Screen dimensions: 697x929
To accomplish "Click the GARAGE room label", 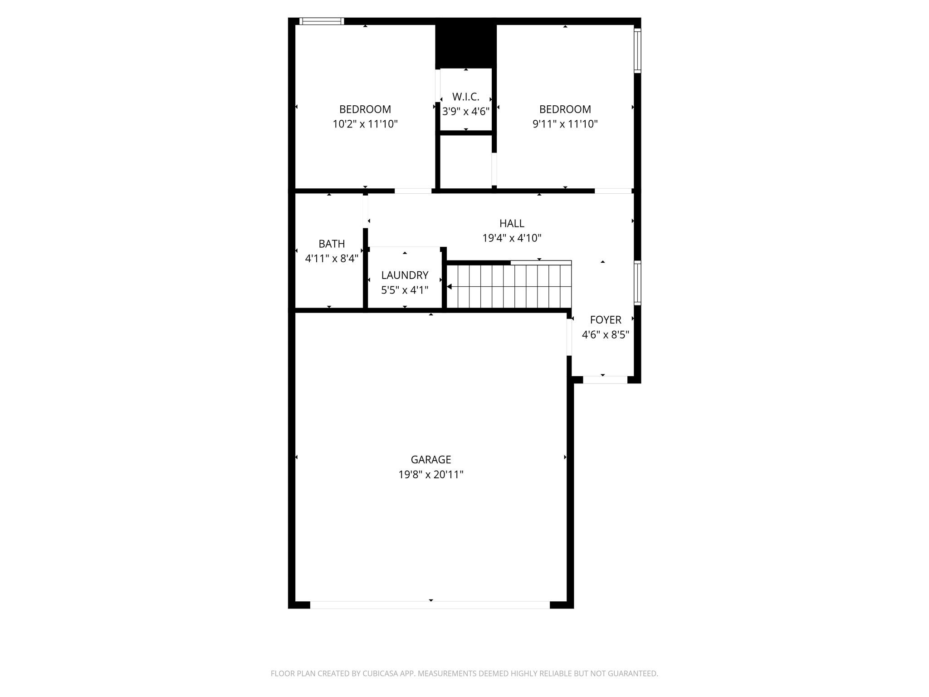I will pyautogui.click(x=430, y=460).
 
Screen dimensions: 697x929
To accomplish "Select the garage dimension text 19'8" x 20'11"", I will pyautogui.click(x=430, y=475).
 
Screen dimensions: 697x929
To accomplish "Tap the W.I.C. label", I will pyautogui.click(x=465, y=97).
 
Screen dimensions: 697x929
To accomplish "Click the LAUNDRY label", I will pyautogui.click(x=405, y=275).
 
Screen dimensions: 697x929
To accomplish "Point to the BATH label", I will pyautogui.click(x=332, y=244).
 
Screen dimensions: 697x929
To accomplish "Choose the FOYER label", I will pyautogui.click(x=605, y=320).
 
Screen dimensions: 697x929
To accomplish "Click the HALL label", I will pyautogui.click(x=512, y=223).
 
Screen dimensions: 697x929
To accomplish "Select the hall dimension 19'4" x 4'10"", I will pyautogui.click(x=512, y=238).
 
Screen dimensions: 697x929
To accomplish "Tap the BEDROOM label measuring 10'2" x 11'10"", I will pyautogui.click(x=365, y=109).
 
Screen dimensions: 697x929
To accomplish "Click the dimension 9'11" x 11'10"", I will pyautogui.click(x=565, y=124).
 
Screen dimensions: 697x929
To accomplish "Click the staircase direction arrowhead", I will pyautogui.click(x=449, y=286).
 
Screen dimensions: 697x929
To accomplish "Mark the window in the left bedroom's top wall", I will pyautogui.click(x=322, y=21).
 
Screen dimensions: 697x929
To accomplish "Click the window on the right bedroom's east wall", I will pyautogui.click(x=637, y=50).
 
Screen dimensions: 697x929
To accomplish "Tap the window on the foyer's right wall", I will pyautogui.click(x=637, y=283).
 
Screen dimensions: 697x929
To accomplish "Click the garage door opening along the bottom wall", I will pyautogui.click(x=430, y=604).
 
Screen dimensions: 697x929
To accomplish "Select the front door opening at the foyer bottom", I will pyautogui.click(x=605, y=380).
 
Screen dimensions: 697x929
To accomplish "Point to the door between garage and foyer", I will pyautogui.click(x=569, y=337).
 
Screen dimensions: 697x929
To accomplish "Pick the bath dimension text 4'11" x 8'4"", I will pyautogui.click(x=332, y=259).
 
